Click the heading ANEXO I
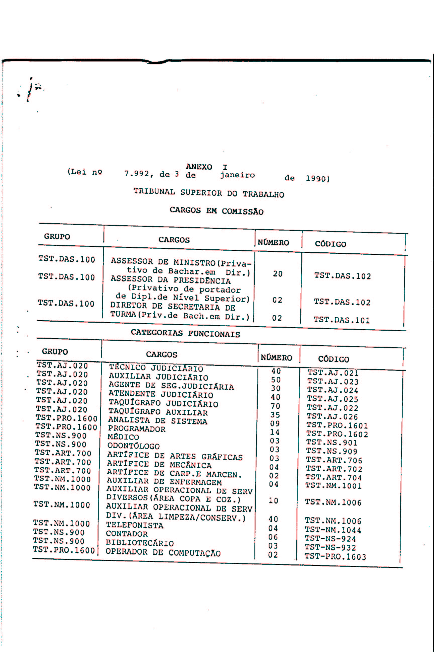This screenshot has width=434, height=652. (x=206, y=167)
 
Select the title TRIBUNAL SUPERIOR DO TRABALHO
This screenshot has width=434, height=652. (x=209, y=193)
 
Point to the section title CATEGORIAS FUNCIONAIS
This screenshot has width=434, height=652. (x=185, y=333)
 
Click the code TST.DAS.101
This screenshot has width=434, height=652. (x=342, y=320)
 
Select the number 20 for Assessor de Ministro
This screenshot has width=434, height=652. (x=278, y=274)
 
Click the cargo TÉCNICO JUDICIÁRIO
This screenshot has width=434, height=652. (x=156, y=368)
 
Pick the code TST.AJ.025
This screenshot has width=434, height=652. (x=333, y=399)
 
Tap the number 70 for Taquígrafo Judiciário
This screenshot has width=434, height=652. (x=276, y=406)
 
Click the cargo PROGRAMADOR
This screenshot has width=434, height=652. (x=136, y=429)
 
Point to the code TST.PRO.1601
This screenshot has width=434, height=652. (x=337, y=425)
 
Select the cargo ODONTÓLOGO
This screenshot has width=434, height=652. (x=133, y=446)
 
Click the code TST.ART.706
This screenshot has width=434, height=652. (x=334, y=460)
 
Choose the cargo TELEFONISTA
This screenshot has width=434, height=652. (x=135, y=525)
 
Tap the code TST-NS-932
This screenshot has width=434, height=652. (x=330, y=547)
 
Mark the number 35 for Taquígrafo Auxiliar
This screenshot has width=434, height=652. (x=275, y=415)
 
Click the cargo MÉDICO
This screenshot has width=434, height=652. (x=123, y=437)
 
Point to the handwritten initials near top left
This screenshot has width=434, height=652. (x=32, y=90)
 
